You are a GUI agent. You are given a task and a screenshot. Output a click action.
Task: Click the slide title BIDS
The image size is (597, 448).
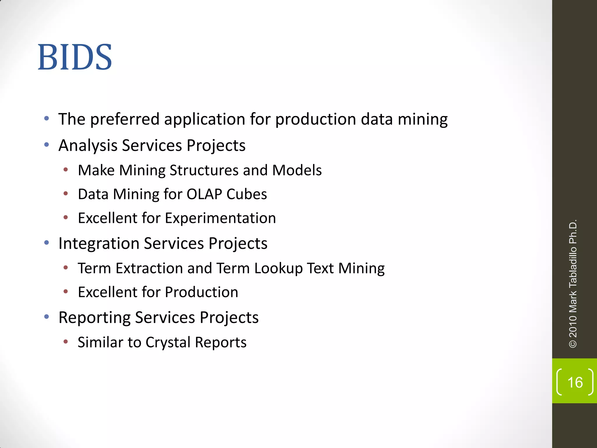75,57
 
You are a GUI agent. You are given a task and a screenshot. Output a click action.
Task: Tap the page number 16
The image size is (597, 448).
575,382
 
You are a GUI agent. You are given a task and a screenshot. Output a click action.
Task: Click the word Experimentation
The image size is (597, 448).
220,218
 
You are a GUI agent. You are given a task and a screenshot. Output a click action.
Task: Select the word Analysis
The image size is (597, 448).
88,145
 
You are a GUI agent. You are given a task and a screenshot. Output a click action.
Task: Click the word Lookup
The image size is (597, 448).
278,268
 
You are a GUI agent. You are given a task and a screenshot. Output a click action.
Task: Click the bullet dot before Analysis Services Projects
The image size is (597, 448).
47,145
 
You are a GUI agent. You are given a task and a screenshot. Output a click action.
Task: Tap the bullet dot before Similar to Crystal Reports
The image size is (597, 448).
66,342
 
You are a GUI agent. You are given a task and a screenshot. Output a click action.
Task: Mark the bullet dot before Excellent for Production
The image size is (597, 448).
66,291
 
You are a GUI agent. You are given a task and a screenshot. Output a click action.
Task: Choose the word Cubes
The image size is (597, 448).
246,194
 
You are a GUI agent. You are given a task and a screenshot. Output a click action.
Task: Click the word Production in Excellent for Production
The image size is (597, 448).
201,292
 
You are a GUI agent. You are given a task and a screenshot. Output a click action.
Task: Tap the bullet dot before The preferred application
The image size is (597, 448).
47,119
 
